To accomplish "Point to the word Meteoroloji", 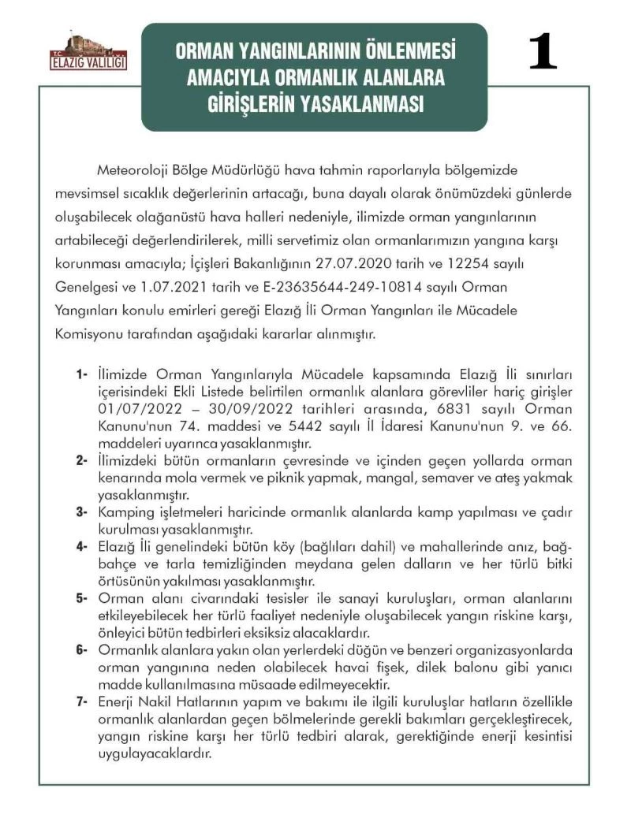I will (131, 171).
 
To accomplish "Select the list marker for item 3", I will (82, 512).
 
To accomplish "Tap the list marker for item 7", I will (82, 701).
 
